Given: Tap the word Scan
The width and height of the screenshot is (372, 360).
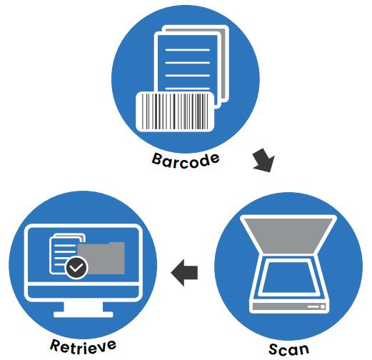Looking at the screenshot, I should pos(289,349).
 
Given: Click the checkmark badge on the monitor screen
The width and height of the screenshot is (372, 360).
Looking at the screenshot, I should pos(76,268).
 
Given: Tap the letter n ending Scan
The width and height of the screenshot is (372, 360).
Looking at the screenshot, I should pos(305,350).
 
